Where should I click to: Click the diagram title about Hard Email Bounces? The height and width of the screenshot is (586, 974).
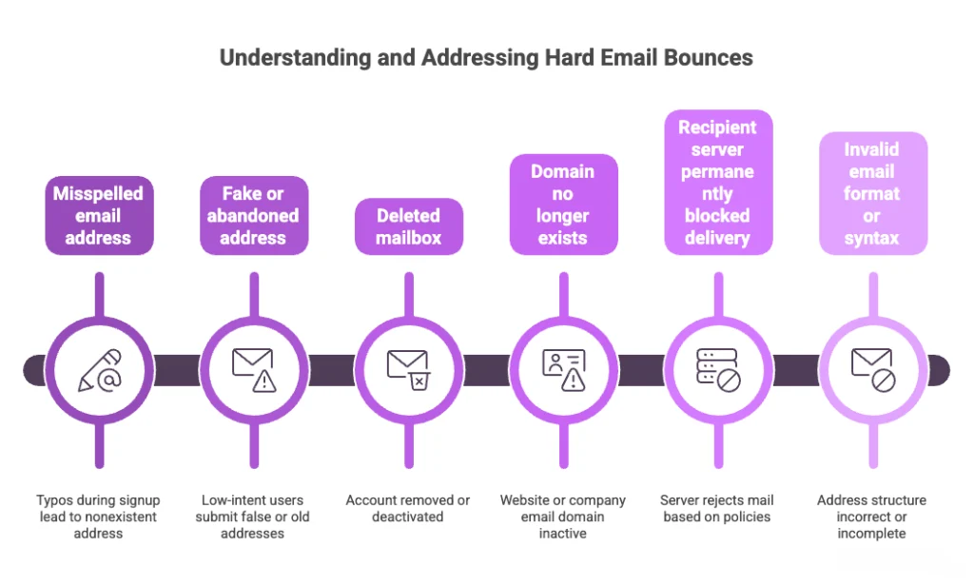pos(486,58)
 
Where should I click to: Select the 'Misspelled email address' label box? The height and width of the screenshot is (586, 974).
pos(98,216)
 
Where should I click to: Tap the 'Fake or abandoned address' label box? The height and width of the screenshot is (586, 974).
pos(253,216)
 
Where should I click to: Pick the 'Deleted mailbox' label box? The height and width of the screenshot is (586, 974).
pos(408,226)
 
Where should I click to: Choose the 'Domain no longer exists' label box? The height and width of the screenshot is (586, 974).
pos(563,205)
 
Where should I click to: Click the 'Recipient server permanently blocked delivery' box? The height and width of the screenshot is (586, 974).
pos(717,183)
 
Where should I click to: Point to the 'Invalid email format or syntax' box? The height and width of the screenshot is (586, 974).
pos(872,194)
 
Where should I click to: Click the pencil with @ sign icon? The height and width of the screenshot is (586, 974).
pos(98,370)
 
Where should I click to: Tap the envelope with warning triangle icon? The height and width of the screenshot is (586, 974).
pos(253,370)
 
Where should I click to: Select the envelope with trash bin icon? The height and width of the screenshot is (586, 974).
pos(408,370)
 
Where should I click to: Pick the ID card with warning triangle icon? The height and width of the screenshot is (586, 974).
pos(563,370)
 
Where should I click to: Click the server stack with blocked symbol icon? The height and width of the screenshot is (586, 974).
pos(717,370)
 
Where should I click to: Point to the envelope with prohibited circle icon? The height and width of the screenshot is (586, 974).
pos(872,370)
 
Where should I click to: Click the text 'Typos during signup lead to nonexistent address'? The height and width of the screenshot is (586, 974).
pos(98,517)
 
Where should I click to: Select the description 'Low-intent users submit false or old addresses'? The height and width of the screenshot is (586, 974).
pos(253,517)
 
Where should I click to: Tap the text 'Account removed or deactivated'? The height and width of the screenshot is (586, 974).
pos(408,508)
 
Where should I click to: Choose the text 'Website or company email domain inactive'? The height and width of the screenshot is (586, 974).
pos(563,517)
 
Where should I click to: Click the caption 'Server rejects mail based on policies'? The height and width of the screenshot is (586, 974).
pos(717,508)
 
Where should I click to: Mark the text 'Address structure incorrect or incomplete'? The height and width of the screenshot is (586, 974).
pos(872,517)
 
